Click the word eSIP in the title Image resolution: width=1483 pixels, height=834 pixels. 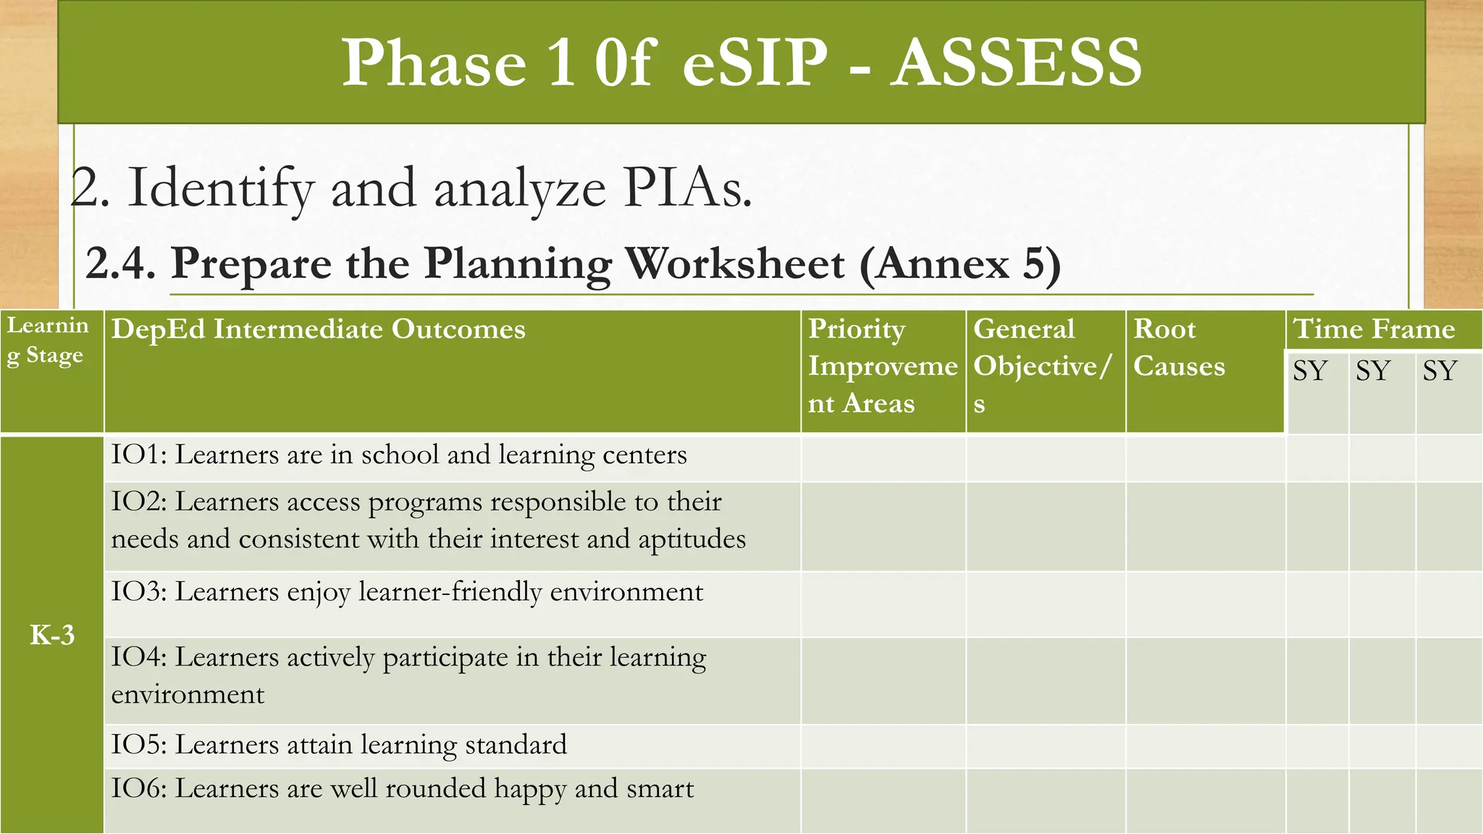(754, 64)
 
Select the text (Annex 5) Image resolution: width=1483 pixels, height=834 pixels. (960, 264)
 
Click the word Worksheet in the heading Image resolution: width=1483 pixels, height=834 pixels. (735, 264)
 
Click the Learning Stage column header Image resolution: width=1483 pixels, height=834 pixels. (49, 340)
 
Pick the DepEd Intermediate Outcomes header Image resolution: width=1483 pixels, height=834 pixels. (319, 329)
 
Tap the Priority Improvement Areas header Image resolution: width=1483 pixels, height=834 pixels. (882, 366)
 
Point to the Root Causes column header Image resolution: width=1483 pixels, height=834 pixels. (1179, 347)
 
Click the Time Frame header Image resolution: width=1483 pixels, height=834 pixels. (1374, 329)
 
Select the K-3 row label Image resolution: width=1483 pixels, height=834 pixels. (52, 635)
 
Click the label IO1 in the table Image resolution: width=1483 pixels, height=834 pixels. (138, 455)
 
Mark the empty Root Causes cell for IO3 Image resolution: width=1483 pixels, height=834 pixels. (1205, 605)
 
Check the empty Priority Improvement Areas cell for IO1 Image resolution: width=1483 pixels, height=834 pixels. (883, 459)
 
